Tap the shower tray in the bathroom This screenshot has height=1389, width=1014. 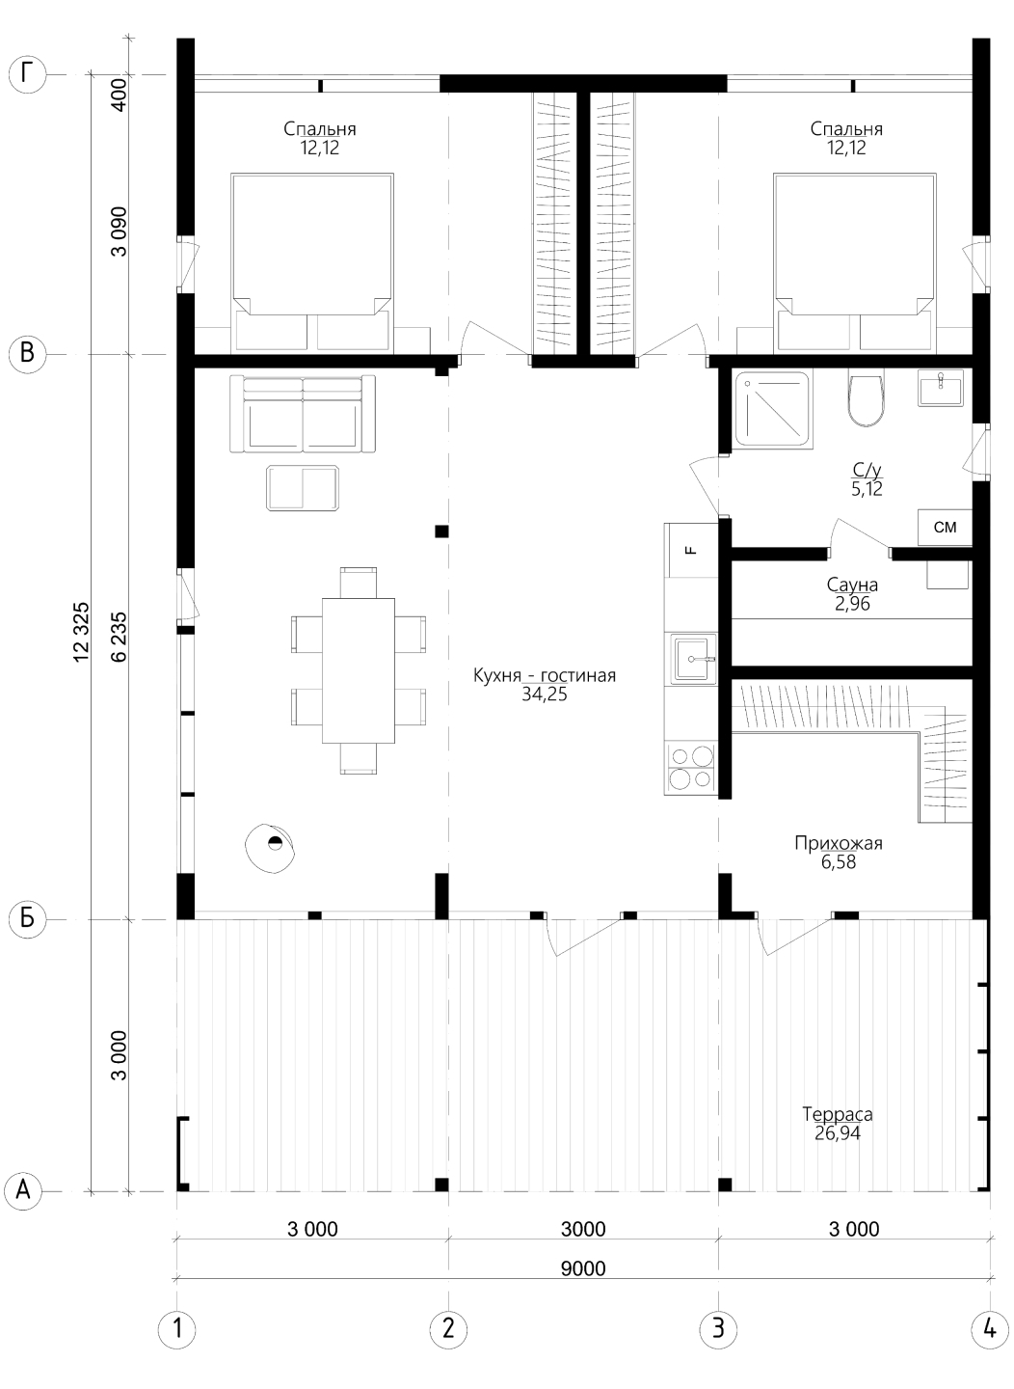[x=773, y=409]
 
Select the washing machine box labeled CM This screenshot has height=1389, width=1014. [x=945, y=528]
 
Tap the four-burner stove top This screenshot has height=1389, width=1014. [x=691, y=769]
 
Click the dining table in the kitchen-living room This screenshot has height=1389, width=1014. [x=359, y=670]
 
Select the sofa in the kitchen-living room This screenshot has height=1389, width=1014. [x=303, y=414]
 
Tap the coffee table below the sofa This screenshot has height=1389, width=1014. [x=303, y=489]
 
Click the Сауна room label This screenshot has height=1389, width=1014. [x=852, y=585]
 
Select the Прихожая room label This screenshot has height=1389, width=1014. [x=839, y=843]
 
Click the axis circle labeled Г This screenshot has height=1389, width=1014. [x=27, y=75]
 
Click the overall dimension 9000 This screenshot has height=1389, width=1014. [x=582, y=1268]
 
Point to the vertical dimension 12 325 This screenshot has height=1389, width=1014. [x=81, y=632]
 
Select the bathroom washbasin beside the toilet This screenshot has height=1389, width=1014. [x=941, y=387]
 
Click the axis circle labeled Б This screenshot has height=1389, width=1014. [x=27, y=918]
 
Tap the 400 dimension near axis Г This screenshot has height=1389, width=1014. [x=120, y=95]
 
